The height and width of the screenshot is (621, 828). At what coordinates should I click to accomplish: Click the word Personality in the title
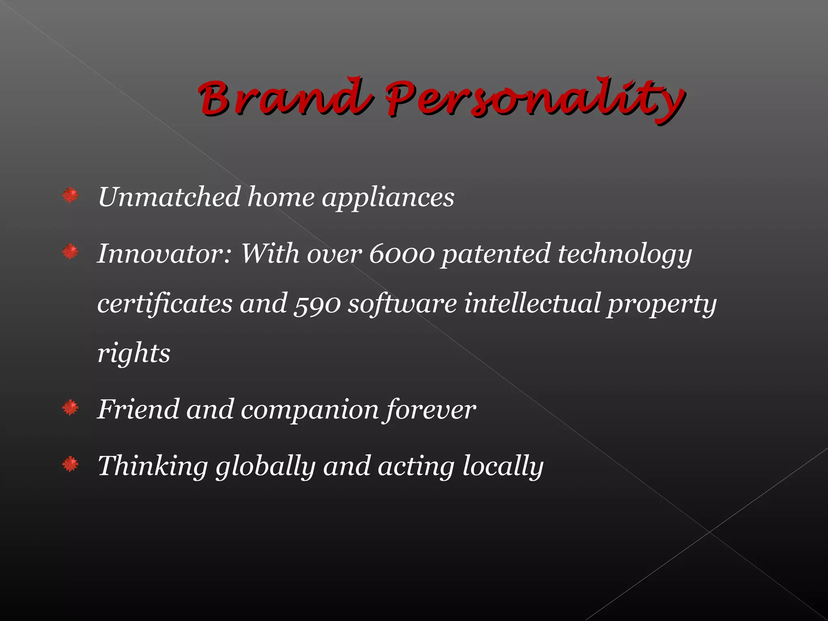[x=534, y=99]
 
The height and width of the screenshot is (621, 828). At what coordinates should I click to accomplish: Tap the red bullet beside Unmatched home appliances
[x=70, y=196]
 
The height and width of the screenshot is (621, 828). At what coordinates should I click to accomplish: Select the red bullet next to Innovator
[x=70, y=252]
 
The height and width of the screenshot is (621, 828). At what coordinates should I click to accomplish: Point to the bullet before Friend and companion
[x=70, y=408]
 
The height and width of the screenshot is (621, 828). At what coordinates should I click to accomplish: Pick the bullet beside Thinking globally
[x=70, y=464]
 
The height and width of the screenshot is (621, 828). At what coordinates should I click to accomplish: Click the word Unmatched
[x=169, y=197]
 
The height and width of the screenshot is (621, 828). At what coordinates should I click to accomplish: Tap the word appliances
[x=388, y=198]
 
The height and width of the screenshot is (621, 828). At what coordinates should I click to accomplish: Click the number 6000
[x=402, y=254]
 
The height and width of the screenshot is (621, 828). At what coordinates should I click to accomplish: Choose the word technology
[x=625, y=255]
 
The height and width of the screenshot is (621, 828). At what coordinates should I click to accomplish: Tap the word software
[x=403, y=304]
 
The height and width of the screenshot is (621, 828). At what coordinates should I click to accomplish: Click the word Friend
[x=138, y=409]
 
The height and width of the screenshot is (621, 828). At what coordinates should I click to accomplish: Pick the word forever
[x=431, y=410]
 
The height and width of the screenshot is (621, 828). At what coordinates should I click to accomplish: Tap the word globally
[x=265, y=467]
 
